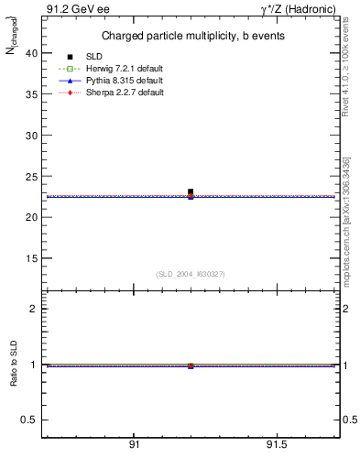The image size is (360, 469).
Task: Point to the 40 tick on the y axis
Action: point(31,53)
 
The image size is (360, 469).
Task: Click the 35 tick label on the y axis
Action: point(31,94)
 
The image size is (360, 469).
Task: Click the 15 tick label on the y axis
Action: point(31,257)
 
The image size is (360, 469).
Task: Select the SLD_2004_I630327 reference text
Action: point(191,274)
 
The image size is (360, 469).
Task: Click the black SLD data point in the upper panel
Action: point(191,191)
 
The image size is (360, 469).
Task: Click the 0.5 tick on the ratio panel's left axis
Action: point(31,420)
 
